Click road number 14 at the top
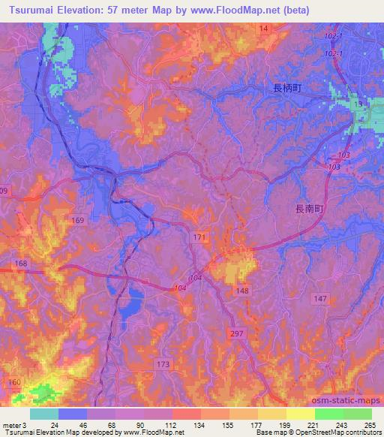coord(263,29)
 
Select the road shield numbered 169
coord(78,220)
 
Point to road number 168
coord(21,264)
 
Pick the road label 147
coord(320,299)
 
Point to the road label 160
coord(14,382)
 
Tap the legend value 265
coord(368,425)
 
